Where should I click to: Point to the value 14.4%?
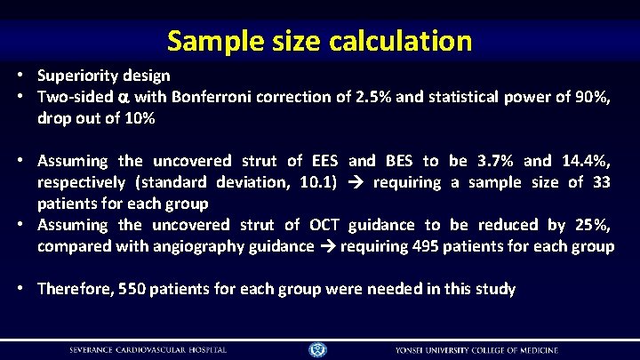tap(587, 161)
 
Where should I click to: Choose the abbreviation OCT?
tap(324, 225)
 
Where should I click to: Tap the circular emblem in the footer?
tap(318, 349)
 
